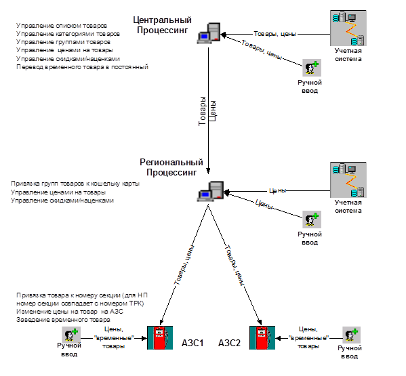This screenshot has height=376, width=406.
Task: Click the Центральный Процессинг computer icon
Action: click(x=209, y=33)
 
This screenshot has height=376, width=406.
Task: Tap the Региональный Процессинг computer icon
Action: click(x=210, y=191)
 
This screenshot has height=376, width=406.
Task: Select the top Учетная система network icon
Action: click(x=348, y=28)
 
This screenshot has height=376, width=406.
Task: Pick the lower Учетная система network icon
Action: click(x=348, y=180)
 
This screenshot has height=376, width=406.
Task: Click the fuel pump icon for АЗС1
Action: click(x=160, y=337)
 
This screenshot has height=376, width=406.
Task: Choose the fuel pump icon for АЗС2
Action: click(x=262, y=337)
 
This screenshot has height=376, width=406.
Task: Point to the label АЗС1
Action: click(x=192, y=343)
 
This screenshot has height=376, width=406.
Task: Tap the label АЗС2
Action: click(x=229, y=343)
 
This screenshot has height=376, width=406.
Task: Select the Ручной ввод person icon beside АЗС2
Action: click(x=352, y=335)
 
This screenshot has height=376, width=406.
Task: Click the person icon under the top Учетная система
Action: click(x=312, y=68)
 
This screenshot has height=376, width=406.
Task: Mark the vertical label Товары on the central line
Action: click(x=202, y=111)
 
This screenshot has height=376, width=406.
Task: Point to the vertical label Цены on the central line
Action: click(x=213, y=110)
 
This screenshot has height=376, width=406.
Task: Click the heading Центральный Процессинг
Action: click(x=163, y=25)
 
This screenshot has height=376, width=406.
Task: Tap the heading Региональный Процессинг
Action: click(x=171, y=167)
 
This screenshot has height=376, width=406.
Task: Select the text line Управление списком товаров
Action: click(x=62, y=26)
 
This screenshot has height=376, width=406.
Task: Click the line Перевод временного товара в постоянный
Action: click(x=82, y=67)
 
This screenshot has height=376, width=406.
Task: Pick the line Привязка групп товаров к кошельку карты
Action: click(x=75, y=184)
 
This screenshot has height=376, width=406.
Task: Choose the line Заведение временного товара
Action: click(x=63, y=320)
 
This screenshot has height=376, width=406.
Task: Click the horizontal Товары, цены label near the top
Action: click(x=275, y=34)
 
